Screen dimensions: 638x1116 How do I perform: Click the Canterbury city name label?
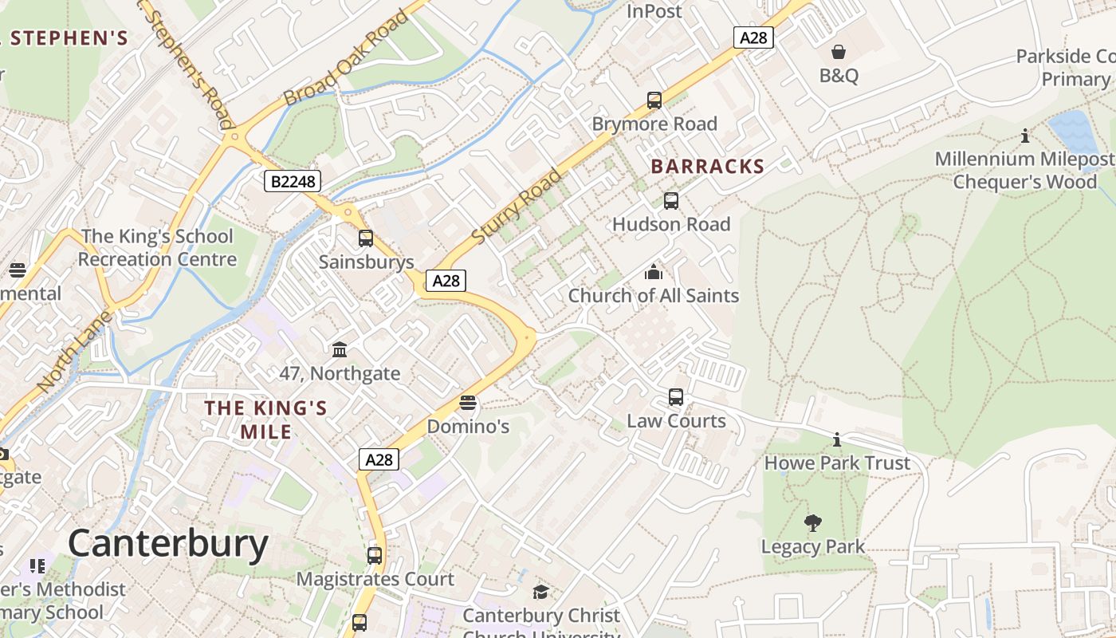click(168, 544)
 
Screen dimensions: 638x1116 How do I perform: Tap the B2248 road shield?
click(293, 182)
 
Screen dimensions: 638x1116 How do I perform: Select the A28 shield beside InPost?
click(753, 37)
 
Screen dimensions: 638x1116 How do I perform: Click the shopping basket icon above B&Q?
click(839, 53)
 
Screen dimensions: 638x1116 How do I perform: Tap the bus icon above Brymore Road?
click(654, 100)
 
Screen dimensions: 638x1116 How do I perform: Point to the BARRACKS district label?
click(707, 167)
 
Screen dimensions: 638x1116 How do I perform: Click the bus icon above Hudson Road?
click(671, 201)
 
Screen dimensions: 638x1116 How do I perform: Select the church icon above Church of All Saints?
click(654, 272)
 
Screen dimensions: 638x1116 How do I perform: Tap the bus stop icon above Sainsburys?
click(366, 238)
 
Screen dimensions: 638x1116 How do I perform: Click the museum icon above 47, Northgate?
click(340, 349)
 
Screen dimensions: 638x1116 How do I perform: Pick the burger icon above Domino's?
click(468, 403)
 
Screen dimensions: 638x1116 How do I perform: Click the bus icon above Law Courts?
click(676, 397)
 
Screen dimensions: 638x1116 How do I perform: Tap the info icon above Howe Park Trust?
click(837, 439)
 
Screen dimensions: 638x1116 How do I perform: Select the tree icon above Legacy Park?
click(813, 523)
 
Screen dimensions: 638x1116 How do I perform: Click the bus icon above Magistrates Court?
click(375, 556)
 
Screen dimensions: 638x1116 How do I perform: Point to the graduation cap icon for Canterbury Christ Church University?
click(541, 592)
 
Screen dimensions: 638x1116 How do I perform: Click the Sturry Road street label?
click(517, 207)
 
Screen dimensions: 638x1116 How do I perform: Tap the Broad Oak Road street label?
click(346, 59)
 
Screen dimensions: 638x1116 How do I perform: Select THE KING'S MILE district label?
click(266, 419)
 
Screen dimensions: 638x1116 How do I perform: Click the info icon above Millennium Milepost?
click(1025, 136)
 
